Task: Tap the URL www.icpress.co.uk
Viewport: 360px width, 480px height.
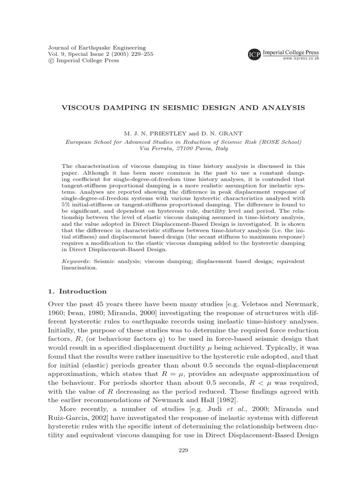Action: pos(300,59)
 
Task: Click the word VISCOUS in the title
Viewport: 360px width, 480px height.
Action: pos(79,108)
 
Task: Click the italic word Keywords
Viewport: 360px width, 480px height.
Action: pos(76,261)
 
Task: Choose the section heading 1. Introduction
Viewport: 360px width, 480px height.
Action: pos(77,291)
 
